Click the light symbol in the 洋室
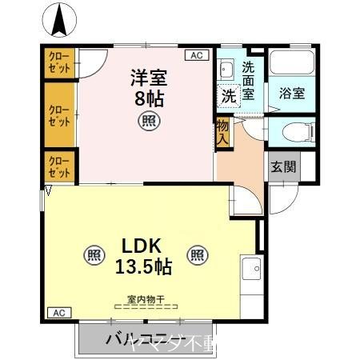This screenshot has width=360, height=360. pos(149,121)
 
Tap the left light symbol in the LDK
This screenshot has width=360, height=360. pos(94,255)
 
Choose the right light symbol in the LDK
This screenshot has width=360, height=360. pos(197,255)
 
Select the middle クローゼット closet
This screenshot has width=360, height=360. pos(58,115)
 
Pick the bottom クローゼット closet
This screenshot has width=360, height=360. pos(58,167)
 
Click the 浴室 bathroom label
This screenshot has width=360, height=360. pos(291,94)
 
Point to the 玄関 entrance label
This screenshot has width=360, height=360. pos(282,167)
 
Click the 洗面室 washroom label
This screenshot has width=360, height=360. pos(249,80)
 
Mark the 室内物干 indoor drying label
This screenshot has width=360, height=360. pos(145,301)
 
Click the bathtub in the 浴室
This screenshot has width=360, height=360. pos(291,64)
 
